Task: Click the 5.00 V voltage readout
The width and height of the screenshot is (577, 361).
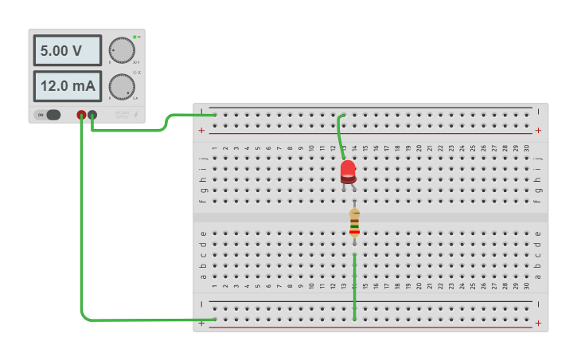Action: [x=67, y=50]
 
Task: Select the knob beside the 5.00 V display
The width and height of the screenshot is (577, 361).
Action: [x=122, y=50]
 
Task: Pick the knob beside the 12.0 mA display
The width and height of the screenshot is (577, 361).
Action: [x=122, y=86]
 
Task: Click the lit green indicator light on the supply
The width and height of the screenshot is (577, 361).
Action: [x=135, y=37]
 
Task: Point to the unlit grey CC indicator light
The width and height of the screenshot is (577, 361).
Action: [x=135, y=73]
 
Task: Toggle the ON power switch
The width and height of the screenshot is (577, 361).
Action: [x=49, y=115]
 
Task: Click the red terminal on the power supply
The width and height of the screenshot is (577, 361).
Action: [x=81, y=115]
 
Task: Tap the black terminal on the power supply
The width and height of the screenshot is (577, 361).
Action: [x=92, y=115]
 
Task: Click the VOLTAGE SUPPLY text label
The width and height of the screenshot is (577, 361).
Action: [x=122, y=114]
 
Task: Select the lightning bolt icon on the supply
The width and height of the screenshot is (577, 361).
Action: [x=136, y=115]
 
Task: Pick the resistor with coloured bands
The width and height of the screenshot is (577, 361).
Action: [x=354, y=222]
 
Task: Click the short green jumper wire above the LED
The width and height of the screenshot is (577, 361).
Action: [x=341, y=131]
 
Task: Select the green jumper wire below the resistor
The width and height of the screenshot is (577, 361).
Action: [x=354, y=287]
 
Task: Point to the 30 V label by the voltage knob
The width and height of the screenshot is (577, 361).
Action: [x=136, y=62]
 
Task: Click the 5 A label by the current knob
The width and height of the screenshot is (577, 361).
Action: [x=136, y=98]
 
